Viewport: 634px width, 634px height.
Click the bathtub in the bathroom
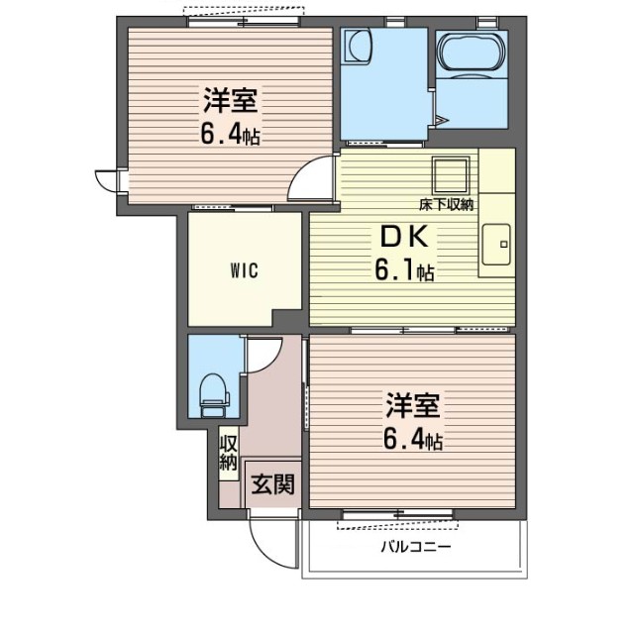472,54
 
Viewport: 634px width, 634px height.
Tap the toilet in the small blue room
215,395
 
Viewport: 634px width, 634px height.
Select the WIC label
245,270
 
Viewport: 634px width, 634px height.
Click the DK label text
404,237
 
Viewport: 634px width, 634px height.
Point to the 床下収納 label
446,205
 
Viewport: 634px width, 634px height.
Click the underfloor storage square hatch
451,175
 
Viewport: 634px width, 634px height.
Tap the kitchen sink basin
496,245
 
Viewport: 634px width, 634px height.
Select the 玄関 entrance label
272,484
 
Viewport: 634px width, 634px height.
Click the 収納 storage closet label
229,454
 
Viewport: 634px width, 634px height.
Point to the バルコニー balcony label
416,548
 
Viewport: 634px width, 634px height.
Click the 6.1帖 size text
404,270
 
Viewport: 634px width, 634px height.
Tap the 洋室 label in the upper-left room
230,100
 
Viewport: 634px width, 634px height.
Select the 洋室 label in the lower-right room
412,405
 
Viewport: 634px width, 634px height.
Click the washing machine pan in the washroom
357,46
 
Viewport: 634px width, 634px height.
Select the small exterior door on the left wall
107,180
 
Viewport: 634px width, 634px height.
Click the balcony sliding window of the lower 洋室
398,514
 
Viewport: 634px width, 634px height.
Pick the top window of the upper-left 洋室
244,22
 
